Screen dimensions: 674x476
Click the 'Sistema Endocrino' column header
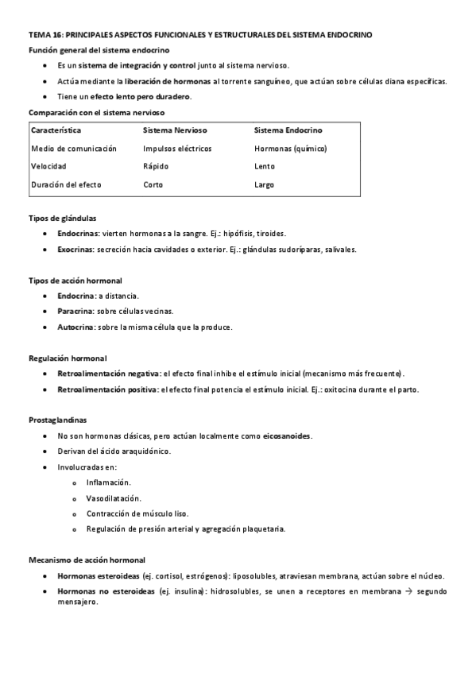288,130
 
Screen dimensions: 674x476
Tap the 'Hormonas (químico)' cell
290,149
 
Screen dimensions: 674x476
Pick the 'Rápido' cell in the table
157,167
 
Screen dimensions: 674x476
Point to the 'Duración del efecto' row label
66,185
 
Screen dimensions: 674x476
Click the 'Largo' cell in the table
265,185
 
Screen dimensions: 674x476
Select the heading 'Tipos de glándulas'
63,218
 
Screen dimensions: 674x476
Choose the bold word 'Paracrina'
75,312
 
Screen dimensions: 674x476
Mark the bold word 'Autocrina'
76,327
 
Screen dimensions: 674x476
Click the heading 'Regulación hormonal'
68,358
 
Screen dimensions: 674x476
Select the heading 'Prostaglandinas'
58,420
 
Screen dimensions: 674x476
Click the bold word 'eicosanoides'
287,436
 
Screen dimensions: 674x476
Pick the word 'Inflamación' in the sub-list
108,482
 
